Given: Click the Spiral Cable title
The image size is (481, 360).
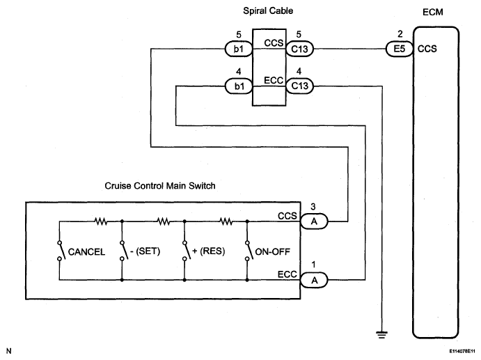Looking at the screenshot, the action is click(268, 11).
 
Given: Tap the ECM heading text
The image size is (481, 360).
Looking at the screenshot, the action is click(432, 13).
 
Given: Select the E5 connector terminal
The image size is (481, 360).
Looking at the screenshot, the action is click(399, 49).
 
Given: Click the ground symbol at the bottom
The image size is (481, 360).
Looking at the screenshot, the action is click(381, 334).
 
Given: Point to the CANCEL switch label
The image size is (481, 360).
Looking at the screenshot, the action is click(86, 252).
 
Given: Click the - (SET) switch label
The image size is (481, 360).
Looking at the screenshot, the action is click(145, 251).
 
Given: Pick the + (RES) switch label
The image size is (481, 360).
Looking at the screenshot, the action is click(209, 251).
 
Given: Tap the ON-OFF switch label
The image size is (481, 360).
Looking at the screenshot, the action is click(272, 252).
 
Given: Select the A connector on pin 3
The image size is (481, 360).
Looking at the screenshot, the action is click(314, 221).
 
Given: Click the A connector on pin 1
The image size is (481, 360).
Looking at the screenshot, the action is click(314, 280).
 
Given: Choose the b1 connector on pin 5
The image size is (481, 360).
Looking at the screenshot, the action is click(239, 49).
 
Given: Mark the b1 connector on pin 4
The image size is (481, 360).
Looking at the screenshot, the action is click(239, 86).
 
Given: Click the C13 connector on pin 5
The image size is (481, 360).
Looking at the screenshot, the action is click(300, 49).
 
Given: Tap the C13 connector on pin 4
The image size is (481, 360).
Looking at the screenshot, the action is click(300, 86).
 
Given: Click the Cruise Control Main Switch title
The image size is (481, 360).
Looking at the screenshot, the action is click(160, 186).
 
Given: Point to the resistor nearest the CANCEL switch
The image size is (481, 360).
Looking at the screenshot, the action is click(101, 221).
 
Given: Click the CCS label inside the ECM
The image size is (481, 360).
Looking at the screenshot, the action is click(427, 49).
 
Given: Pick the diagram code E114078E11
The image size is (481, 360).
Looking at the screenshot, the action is click(462, 351).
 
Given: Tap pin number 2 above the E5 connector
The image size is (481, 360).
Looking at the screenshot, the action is click(400, 34).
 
